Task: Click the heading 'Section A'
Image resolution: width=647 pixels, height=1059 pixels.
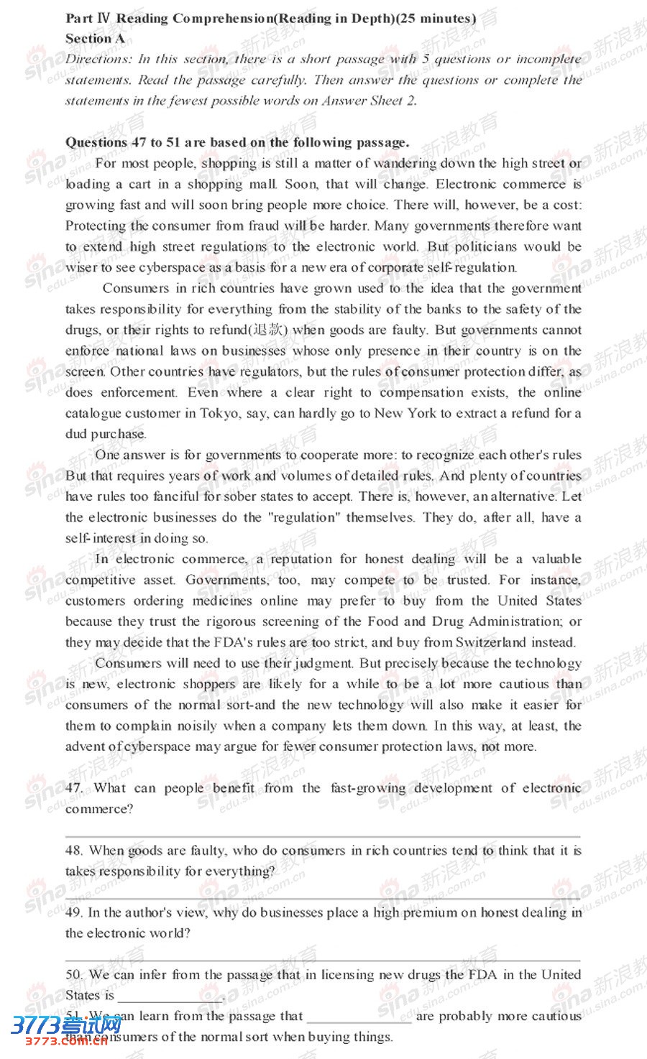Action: pyautogui.click(x=95, y=39)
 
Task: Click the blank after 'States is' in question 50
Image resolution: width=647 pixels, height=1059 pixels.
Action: pyautogui.click(x=170, y=997)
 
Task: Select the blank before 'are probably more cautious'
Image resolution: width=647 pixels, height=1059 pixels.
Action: pyautogui.click(x=359, y=1017)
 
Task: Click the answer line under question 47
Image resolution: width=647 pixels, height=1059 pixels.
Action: pyautogui.click(x=323, y=836)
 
